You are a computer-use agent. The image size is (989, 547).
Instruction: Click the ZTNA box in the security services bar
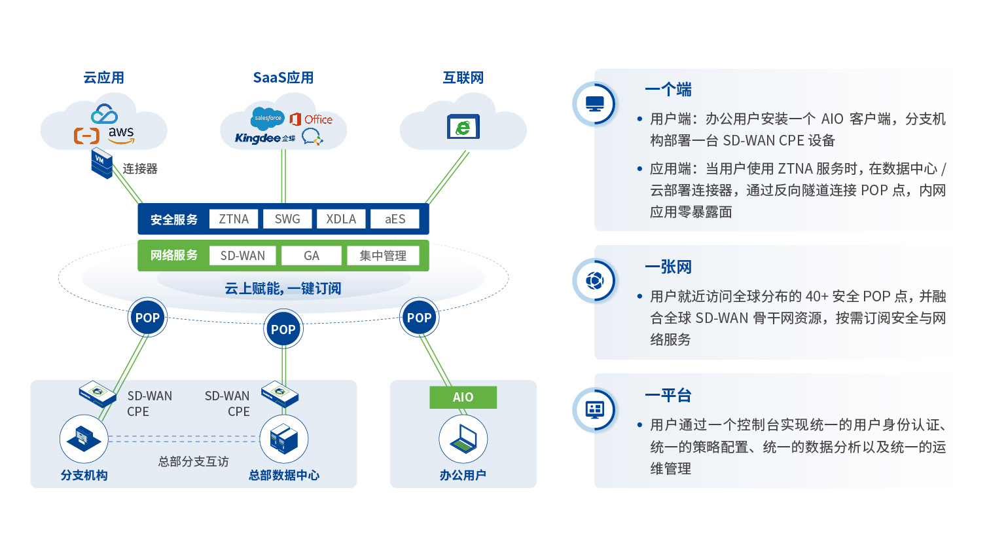click(234, 219)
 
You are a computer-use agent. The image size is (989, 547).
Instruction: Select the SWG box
click(287, 219)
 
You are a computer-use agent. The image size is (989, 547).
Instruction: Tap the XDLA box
click(341, 219)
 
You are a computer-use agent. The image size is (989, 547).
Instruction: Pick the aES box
click(395, 219)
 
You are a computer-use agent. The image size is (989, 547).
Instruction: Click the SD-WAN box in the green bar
click(243, 255)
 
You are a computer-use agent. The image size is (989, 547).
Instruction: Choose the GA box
click(312, 255)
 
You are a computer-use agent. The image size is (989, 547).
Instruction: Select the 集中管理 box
click(383, 255)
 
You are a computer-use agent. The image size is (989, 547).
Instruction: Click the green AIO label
click(463, 397)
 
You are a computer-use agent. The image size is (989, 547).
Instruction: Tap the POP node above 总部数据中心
click(283, 330)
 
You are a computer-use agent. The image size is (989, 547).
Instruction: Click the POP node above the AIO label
click(419, 318)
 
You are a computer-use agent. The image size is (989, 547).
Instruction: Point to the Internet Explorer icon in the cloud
click(463, 126)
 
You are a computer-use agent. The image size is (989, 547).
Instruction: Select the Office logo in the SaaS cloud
click(311, 119)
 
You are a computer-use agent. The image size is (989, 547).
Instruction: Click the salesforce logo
click(268, 118)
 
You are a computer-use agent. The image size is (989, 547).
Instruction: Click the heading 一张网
click(668, 267)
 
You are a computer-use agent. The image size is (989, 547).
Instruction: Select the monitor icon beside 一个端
click(595, 104)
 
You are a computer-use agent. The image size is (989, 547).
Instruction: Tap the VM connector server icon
click(101, 164)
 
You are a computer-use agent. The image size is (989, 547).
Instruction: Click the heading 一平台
click(668, 395)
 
